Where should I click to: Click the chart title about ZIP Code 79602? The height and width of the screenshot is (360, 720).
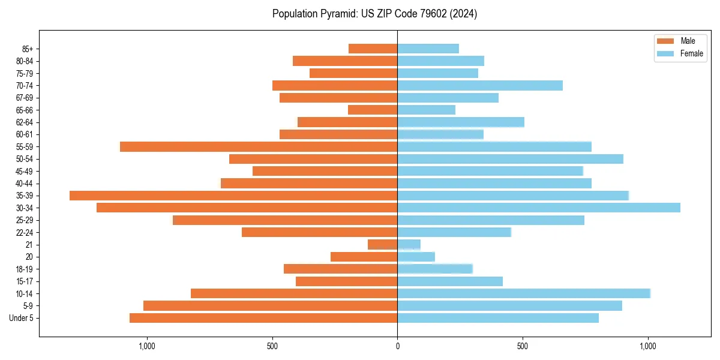pos(374,14)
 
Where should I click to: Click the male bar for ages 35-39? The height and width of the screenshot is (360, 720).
pos(233,196)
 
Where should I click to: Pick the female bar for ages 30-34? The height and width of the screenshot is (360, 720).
pos(539,208)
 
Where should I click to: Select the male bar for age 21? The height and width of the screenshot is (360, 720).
pos(383,244)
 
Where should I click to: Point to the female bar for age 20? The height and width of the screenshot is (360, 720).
pos(416,257)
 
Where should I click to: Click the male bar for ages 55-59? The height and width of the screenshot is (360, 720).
pos(259,146)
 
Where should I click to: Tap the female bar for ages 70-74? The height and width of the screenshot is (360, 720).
pos(480,85)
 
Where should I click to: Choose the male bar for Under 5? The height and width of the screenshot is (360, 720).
pos(263,318)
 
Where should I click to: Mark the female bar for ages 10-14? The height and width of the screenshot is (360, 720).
pos(524,293)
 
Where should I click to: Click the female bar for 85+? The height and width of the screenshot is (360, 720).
pos(428,49)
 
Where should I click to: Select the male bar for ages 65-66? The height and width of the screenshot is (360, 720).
pos(373,110)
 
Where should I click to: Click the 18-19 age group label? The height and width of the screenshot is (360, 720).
pos(24,269)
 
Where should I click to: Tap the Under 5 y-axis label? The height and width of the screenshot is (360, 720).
pos(21,318)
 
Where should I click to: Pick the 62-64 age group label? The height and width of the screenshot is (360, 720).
pos(24,122)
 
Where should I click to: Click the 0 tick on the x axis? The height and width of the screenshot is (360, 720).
pos(397,346)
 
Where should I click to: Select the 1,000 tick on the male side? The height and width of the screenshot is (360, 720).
pos(147,346)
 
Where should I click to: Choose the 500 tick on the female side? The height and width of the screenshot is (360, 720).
pos(523,346)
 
